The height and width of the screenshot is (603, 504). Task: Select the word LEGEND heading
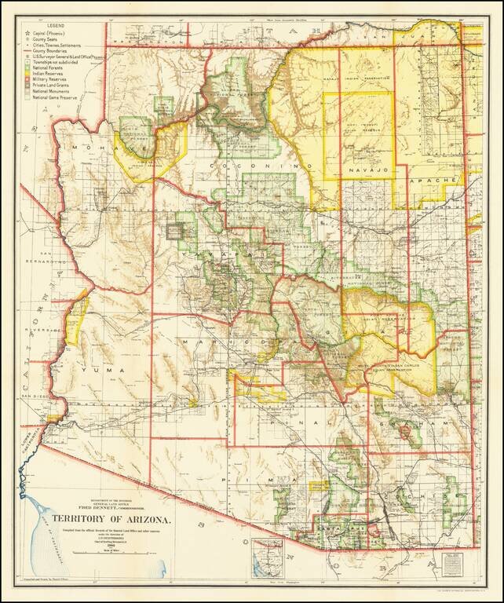pyautogui.click(x=46, y=27)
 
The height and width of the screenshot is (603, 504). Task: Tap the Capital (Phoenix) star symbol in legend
pyautogui.click(x=28, y=35)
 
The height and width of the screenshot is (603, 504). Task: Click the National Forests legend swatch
pyautogui.click(x=28, y=71)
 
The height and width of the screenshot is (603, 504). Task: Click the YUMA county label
pyautogui.click(x=110, y=370)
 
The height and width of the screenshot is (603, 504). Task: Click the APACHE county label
pyautogui.click(x=442, y=181)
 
